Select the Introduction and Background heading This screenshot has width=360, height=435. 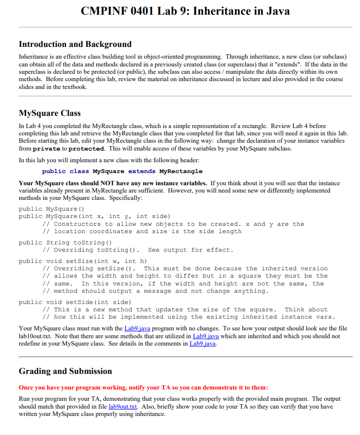[75, 44]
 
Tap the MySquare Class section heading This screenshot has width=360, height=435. [49, 113]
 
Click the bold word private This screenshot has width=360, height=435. [46, 149]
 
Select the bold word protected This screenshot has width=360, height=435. [86, 149]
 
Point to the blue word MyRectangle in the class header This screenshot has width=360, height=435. [181, 172]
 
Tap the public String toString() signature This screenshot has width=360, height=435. [66, 242]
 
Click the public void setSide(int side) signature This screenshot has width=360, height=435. [74, 302]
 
